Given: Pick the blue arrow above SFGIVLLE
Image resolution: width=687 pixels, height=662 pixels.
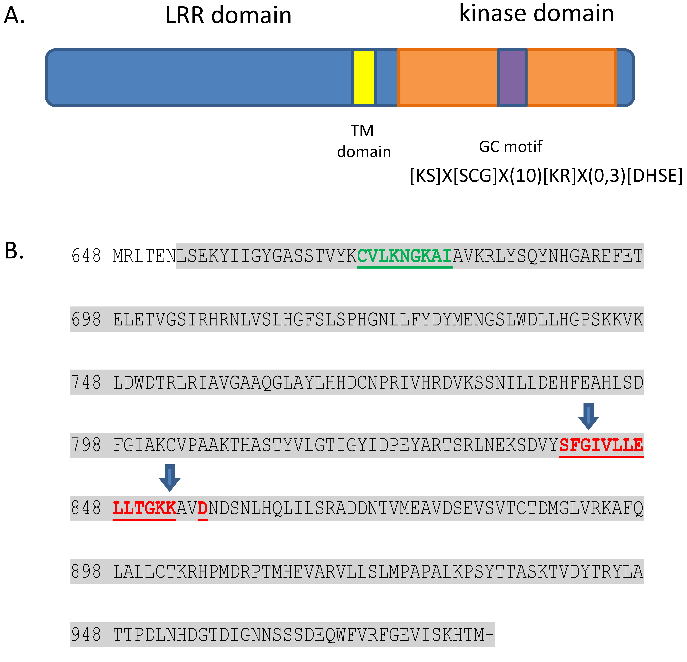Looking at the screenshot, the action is tap(589, 416).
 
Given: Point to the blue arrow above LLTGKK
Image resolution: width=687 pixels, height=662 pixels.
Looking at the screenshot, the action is tap(170, 478).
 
